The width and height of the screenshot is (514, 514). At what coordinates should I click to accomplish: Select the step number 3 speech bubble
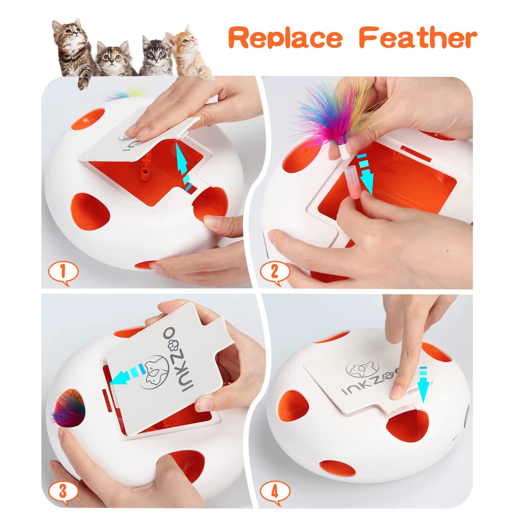pos(63,492)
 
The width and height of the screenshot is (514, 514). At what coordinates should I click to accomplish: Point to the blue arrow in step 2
pos(364,175)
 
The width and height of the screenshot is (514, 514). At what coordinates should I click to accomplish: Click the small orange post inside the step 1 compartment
pos(144,175)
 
